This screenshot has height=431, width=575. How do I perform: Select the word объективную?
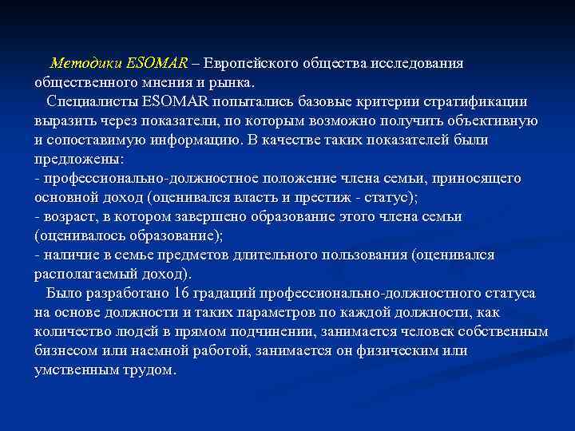(x=493, y=121)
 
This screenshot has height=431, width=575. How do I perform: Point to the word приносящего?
(x=481, y=178)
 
